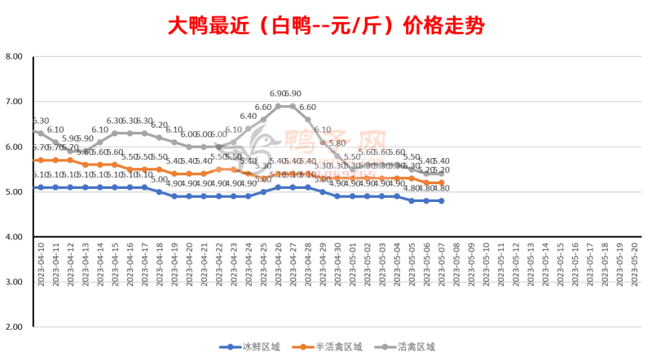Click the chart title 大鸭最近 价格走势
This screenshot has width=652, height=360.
[326, 25]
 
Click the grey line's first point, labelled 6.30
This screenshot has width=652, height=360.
[41, 133]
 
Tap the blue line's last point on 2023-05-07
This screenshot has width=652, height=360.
[442, 200]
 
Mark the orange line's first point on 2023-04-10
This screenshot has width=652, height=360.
[41, 160]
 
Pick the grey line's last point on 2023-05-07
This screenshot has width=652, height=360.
[442, 173]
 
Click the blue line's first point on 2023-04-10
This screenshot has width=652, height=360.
[41, 187]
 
